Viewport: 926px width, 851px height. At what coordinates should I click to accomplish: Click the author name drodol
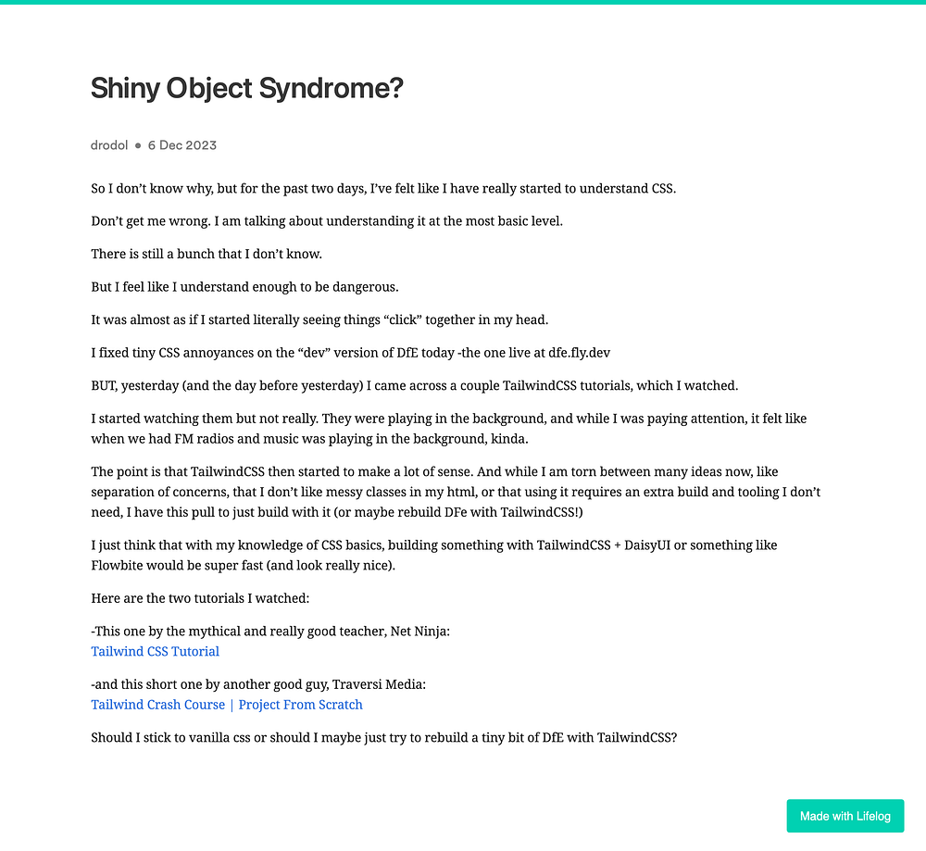109,145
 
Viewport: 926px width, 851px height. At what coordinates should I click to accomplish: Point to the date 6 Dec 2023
182,145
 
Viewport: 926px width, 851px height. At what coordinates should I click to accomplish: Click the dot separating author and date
138,145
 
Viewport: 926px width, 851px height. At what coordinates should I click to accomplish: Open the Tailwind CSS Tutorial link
155,651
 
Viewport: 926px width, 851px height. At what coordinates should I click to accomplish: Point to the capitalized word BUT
105,386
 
